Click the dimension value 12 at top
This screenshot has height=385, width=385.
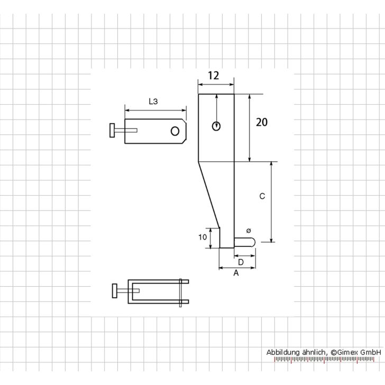213,76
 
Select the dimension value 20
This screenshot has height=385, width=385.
262,123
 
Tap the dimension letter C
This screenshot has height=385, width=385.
262,196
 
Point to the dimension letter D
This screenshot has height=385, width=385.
241,262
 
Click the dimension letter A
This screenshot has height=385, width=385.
236,273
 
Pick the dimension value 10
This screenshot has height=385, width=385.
203,238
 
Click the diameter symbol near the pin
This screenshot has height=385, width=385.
249,231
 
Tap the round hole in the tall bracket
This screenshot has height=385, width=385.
216,126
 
